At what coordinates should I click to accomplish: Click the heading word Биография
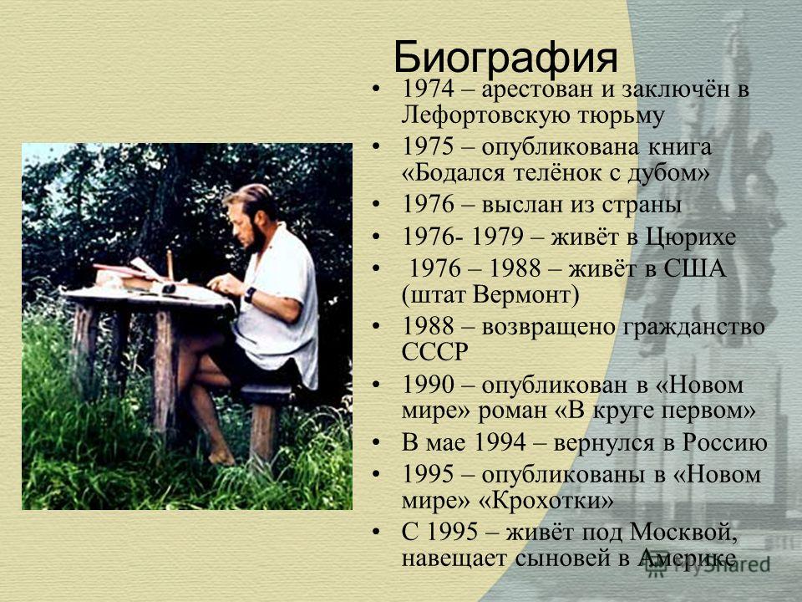[505, 59]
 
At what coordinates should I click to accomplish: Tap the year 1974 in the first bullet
[428, 89]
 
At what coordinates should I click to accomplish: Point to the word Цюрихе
[691, 237]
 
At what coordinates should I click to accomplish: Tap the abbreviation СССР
[434, 352]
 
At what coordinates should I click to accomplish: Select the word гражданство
[693, 327]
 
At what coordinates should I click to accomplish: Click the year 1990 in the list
[428, 385]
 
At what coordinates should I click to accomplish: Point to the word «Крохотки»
[546, 500]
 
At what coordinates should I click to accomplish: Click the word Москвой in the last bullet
[683, 533]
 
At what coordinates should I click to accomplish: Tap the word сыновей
[563, 559]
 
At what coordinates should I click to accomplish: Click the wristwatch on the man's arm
[250, 294]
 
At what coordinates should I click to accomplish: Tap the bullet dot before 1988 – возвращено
[376, 326]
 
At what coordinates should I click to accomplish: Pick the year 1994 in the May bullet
[500, 443]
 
